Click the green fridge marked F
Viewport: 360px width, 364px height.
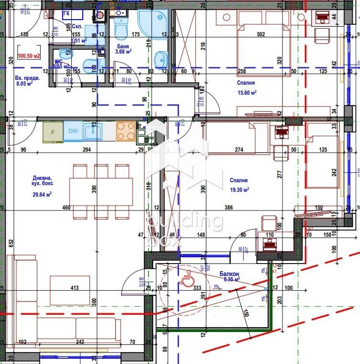click(x=53, y=132)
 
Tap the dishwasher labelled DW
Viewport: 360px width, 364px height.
click(x=73, y=132)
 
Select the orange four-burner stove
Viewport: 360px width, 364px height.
click(x=126, y=131)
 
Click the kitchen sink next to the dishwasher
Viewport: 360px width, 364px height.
click(x=92, y=131)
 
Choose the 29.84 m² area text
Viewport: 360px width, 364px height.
click(x=42, y=194)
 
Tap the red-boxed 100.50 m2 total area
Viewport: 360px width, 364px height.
click(x=28, y=55)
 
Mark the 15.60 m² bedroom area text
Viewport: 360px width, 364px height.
click(x=247, y=93)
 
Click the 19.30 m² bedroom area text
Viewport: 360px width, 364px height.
click(x=239, y=189)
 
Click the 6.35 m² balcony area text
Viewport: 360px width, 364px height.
click(x=230, y=279)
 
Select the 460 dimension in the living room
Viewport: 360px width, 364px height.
click(x=66, y=208)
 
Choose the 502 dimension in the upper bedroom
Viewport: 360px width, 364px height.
click(x=260, y=34)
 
